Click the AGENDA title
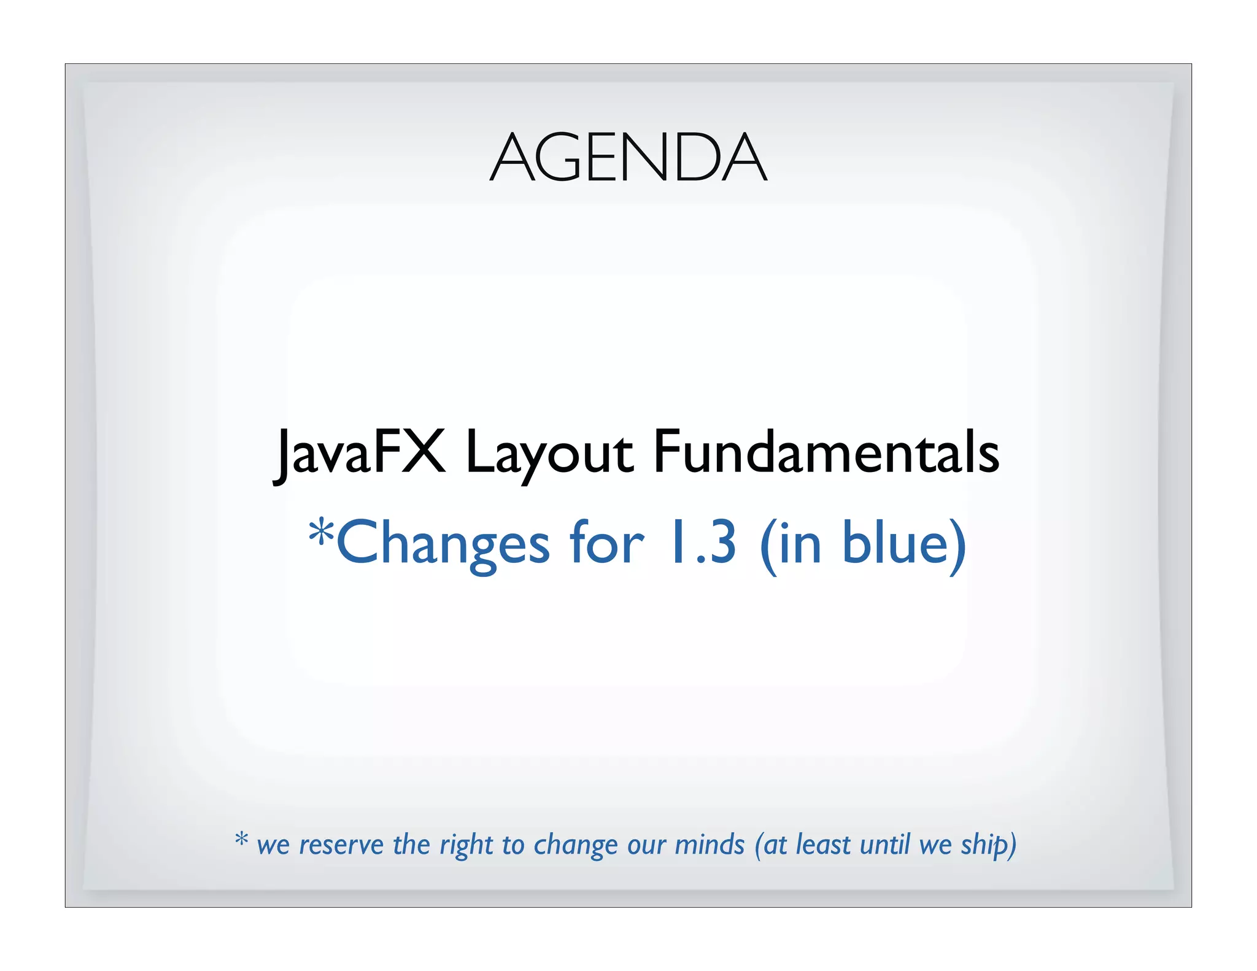coord(628,158)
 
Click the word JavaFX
coord(360,453)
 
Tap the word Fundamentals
coord(826,453)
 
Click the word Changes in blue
coord(443,544)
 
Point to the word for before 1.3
coord(606,543)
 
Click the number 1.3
coord(702,543)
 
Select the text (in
coord(791,544)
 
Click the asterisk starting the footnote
coord(242,839)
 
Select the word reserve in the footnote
coord(341,845)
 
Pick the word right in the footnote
coord(466,846)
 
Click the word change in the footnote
coord(576,846)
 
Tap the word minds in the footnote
coord(710,845)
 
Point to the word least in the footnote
coord(824,845)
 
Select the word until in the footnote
coord(884,845)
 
